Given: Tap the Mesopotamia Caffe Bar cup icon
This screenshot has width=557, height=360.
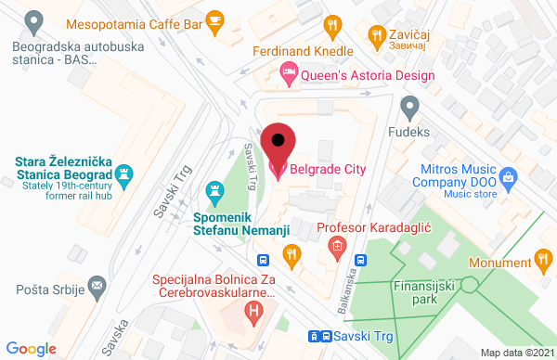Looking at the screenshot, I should pyautogui.click(x=215, y=19).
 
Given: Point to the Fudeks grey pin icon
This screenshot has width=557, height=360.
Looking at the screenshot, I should pyautogui.click(x=409, y=106).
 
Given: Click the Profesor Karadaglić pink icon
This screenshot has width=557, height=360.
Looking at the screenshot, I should pyautogui.click(x=337, y=247).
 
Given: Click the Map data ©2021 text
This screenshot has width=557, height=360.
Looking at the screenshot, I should pyautogui.click(x=514, y=352).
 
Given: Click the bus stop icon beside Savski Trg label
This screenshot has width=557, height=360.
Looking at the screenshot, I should pyautogui.click(x=316, y=336).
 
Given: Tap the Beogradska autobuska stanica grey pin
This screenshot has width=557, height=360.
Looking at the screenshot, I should pyautogui.click(x=34, y=19).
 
